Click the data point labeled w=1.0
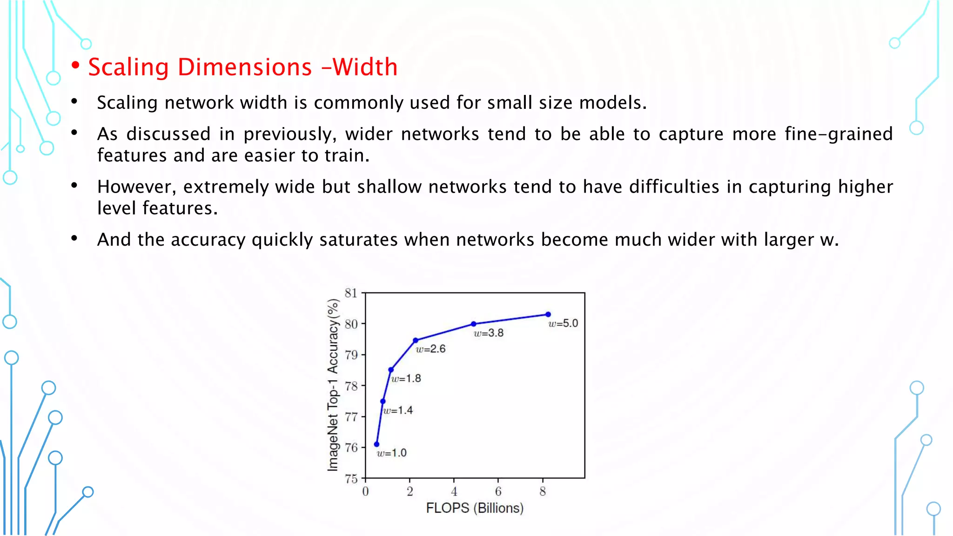click(376, 444)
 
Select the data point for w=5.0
click(548, 315)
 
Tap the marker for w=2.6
click(416, 341)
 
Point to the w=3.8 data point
click(474, 324)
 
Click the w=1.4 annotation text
click(398, 410)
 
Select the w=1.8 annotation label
click(406, 379)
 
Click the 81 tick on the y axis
click(351, 293)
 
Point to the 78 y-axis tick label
click(351, 386)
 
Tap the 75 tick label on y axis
click(351, 478)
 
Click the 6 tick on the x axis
click(498, 491)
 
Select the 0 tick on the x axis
click(365, 491)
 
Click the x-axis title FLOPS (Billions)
click(475, 508)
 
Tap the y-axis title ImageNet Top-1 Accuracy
click(333, 385)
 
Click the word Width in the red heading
click(365, 67)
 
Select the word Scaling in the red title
click(128, 67)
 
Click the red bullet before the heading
click(75, 66)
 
